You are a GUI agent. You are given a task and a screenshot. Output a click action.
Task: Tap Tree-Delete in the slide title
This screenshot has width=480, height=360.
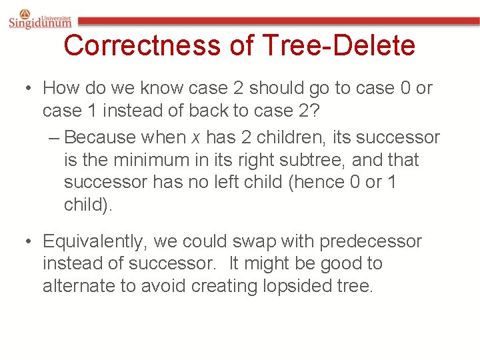(x=339, y=46)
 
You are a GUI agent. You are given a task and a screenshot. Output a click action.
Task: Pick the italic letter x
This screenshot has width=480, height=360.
(x=195, y=138)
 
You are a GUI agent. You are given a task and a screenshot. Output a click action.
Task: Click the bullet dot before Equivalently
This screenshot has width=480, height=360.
(x=27, y=241)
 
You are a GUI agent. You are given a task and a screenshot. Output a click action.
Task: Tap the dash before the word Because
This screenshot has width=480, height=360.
(x=54, y=138)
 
